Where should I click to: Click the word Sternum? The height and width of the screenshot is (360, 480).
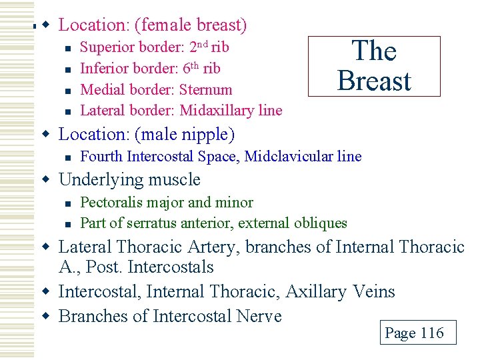[206, 89]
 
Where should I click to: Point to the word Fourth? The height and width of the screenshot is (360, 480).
[101, 157]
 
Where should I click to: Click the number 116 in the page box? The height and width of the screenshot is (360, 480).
[431, 333]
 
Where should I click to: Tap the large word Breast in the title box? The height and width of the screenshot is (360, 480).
[374, 81]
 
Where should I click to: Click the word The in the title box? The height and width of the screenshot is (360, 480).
[374, 51]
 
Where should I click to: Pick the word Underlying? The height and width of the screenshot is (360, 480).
[93, 180]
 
